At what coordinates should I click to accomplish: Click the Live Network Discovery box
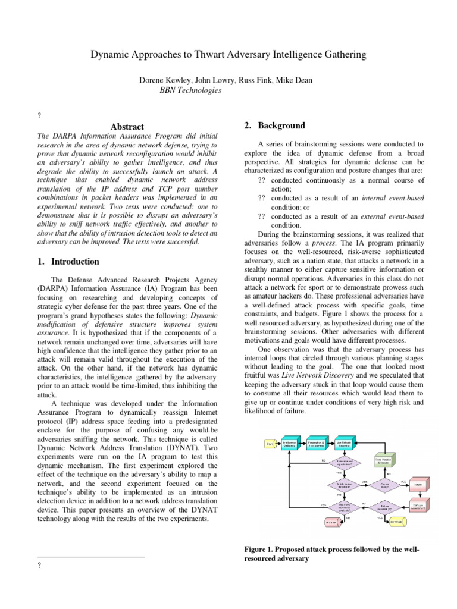(x=343, y=443)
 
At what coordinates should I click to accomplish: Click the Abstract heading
(x=127, y=127)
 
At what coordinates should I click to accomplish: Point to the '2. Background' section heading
(x=266, y=125)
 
